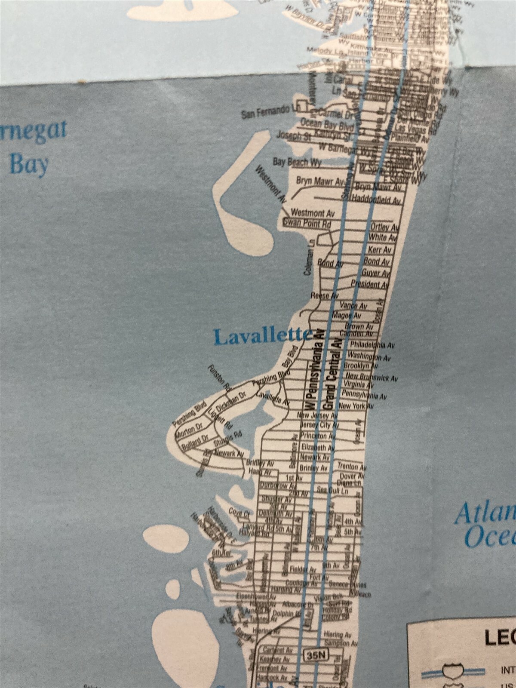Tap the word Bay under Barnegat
click(x=29, y=164)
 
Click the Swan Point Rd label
click(x=307, y=223)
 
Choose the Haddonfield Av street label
click(x=376, y=200)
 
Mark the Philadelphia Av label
click(x=372, y=345)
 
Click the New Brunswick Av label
click(x=372, y=377)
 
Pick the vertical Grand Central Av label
click(x=333, y=373)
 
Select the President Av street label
click(x=370, y=284)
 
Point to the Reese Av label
click(x=325, y=296)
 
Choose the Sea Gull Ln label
click(x=332, y=490)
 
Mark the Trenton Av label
click(x=351, y=467)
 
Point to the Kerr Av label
click(x=380, y=249)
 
